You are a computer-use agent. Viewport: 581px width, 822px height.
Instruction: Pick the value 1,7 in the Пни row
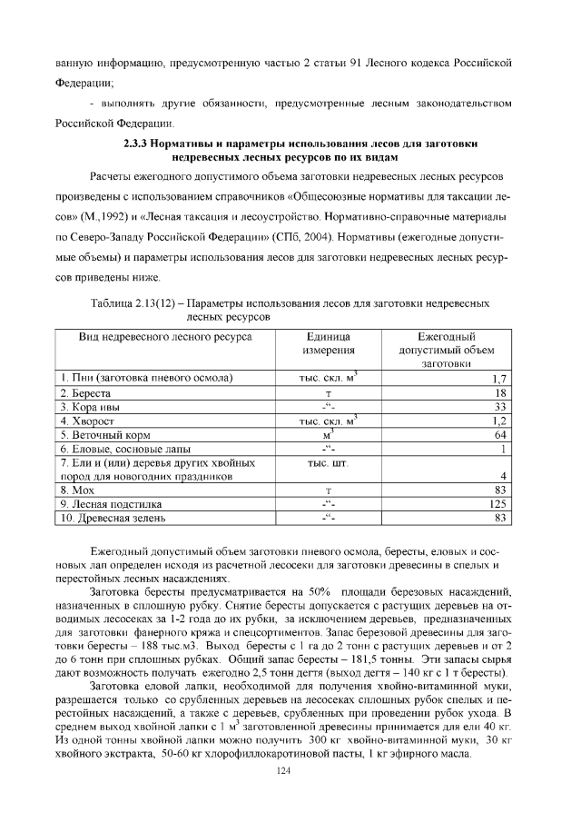click(498, 379)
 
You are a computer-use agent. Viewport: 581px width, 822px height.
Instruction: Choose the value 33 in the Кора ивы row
click(499, 407)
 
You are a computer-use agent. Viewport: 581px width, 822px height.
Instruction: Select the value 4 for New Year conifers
click(502, 477)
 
